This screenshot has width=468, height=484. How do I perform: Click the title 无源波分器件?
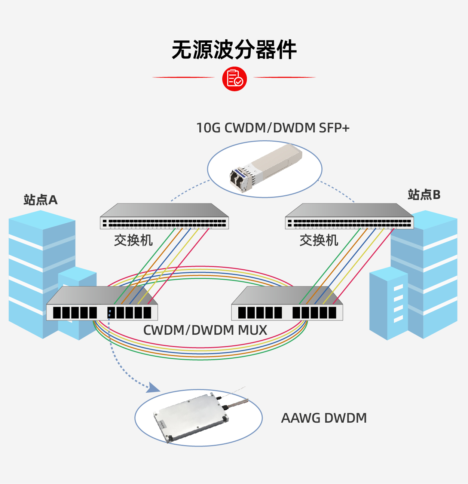(x=234, y=50)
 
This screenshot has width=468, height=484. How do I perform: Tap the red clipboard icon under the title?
(x=235, y=79)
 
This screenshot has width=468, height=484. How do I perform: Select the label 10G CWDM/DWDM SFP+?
(x=273, y=128)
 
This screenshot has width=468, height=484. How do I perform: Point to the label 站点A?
(x=40, y=200)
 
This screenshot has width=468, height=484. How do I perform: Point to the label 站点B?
(x=424, y=195)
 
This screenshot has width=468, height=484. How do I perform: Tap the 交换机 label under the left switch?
(x=133, y=240)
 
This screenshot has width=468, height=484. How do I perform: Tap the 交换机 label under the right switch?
(x=319, y=240)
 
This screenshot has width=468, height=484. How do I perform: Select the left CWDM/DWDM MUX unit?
(x=102, y=304)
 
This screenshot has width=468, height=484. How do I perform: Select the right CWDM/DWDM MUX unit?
(x=287, y=304)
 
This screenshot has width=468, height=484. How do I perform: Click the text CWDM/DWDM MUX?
(x=205, y=330)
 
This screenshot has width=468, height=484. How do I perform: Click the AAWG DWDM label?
(x=324, y=418)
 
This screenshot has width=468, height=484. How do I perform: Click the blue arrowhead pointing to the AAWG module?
(x=153, y=388)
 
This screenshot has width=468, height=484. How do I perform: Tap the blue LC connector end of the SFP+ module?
(x=238, y=178)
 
